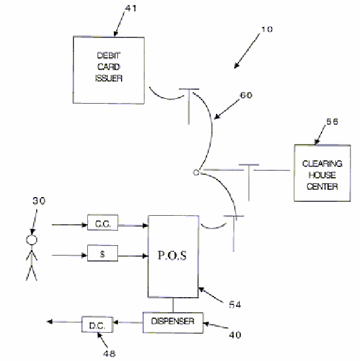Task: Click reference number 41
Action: pos(131,8)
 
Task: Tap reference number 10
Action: pos(267,30)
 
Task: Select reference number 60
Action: pos(246,95)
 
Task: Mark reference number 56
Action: pos(332,122)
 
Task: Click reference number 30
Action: pos(39,201)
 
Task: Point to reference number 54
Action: pos(235,304)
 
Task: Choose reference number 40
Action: pos(235,334)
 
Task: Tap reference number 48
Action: pos(110,353)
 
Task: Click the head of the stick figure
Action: pos(31,240)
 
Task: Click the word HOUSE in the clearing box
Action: pos(322,175)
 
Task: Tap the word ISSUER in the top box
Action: pos(108,78)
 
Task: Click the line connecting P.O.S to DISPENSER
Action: pos(173,305)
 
